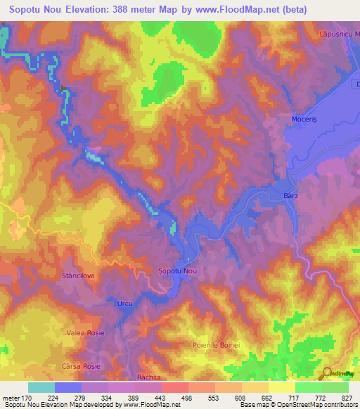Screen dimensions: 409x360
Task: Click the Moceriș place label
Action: [305, 119]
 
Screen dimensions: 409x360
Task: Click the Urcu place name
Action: [124, 302]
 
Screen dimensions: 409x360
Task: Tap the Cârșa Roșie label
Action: [80, 367]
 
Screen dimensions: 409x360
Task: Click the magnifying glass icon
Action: [327, 375]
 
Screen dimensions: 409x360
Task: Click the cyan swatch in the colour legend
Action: [41, 387]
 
